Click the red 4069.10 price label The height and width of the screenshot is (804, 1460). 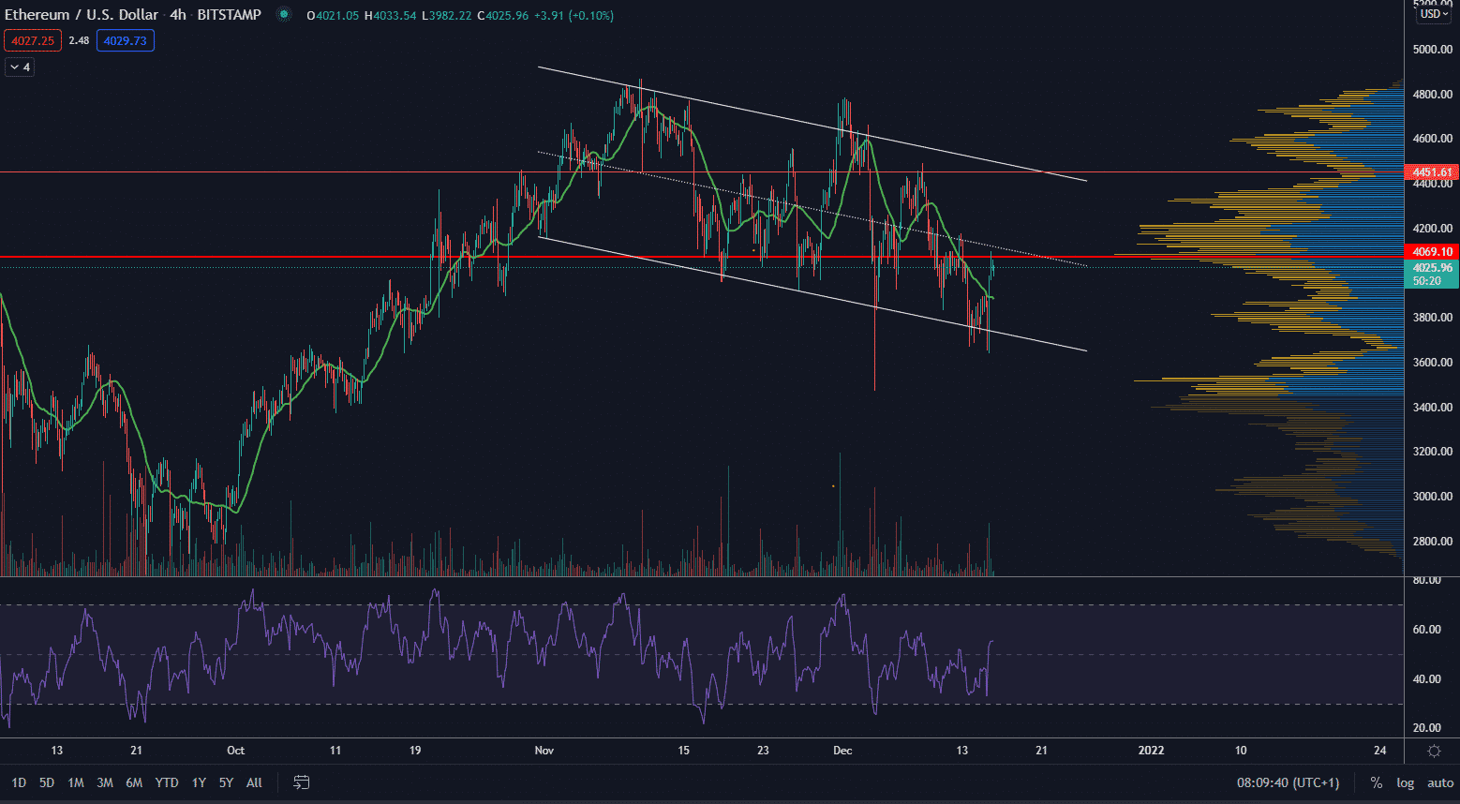pyautogui.click(x=1433, y=252)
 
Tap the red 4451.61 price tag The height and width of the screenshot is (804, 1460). pyautogui.click(x=1433, y=172)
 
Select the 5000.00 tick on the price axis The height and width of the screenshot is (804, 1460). pyautogui.click(x=1433, y=50)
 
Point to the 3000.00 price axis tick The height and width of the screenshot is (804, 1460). pyautogui.click(x=1433, y=497)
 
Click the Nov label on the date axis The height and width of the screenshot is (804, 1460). pyautogui.click(x=544, y=751)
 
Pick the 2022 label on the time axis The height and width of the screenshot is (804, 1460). pyautogui.click(x=1151, y=751)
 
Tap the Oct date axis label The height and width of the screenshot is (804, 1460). pyautogui.click(x=235, y=751)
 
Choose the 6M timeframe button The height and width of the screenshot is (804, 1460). pyautogui.click(x=134, y=782)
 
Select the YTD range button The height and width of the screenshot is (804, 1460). pyautogui.click(x=167, y=782)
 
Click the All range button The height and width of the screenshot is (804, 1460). pyautogui.click(x=254, y=782)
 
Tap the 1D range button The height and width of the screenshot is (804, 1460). pyautogui.click(x=19, y=782)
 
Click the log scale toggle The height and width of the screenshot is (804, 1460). pyautogui.click(x=1405, y=782)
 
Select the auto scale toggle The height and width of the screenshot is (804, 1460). pyautogui.click(x=1440, y=782)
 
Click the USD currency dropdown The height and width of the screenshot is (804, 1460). pyautogui.click(x=1434, y=14)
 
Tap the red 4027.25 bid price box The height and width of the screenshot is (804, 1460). pyautogui.click(x=33, y=40)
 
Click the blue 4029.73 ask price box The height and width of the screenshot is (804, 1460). pyautogui.click(x=125, y=40)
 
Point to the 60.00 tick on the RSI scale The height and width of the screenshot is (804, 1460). pyautogui.click(x=1426, y=630)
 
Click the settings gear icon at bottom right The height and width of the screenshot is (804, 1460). pyautogui.click(x=1434, y=751)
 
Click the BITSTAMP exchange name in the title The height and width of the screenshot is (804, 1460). pyautogui.click(x=229, y=15)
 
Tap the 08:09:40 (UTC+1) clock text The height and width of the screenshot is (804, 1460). pyautogui.click(x=1288, y=782)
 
